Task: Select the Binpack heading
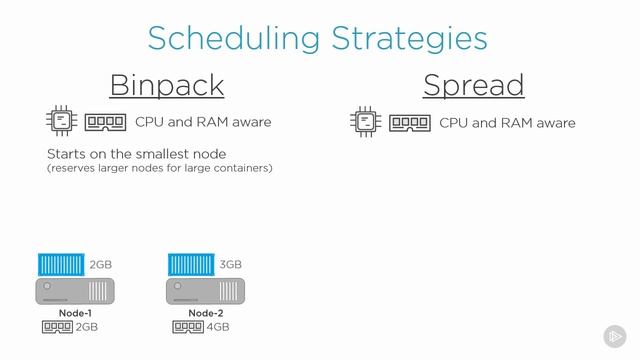[x=166, y=85]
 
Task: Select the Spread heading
[x=473, y=85]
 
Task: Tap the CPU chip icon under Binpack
[x=62, y=122]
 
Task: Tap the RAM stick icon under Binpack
[x=105, y=122]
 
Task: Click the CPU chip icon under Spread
[x=366, y=122]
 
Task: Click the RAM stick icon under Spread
[x=409, y=122]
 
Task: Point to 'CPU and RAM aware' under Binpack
[x=203, y=122]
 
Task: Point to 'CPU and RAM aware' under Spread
[x=507, y=122]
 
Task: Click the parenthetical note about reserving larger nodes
[x=159, y=168]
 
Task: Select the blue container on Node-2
[x=191, y=265]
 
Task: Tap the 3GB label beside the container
[x=230, y=265]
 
